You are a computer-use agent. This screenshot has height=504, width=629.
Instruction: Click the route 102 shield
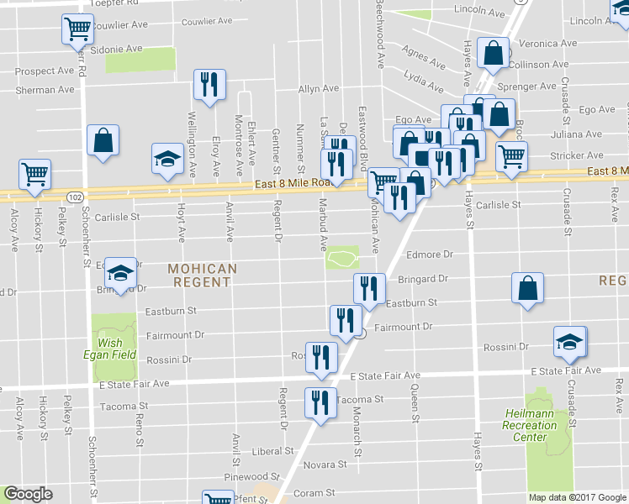[x=75, y=197]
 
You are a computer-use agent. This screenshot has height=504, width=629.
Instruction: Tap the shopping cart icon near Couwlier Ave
[x=77, y=29]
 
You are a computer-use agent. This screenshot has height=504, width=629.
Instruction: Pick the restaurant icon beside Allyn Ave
[x=208, y=84]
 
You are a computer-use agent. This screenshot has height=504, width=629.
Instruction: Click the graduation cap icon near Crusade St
[x=569, y=341]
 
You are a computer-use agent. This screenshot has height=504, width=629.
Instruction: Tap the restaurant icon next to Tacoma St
[x=320, y=402]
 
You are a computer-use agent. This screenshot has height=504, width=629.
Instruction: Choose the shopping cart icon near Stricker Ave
[x=511, y=155]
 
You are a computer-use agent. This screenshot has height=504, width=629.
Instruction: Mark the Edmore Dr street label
[x=430, y=254]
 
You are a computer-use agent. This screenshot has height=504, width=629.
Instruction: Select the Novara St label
[x=325, y=465]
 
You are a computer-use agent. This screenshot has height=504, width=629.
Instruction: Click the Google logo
[x=29, y=495]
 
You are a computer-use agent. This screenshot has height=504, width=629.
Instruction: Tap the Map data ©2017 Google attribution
[x=576, y=496]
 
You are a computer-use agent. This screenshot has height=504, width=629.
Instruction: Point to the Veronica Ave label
[x=548, y=43]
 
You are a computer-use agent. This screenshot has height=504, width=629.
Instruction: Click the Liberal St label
[x=271, y=451]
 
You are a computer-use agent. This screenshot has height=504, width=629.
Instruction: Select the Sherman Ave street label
[x=45, y=90]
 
